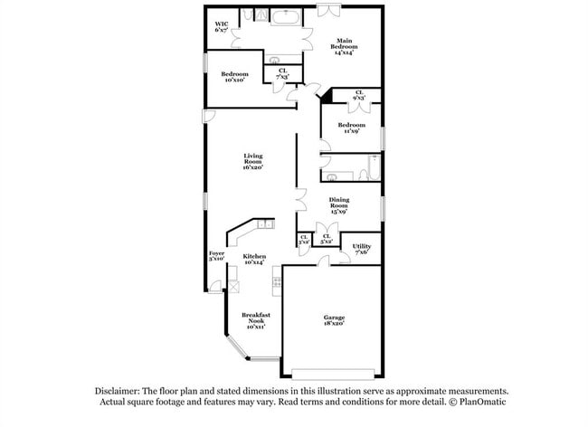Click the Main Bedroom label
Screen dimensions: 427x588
pyautogui.click(x=344, y=46)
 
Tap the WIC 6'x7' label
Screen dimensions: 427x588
pyautogui.click(x=221, y=27)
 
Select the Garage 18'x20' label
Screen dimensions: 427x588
pyautogui.click(x=335, y=320)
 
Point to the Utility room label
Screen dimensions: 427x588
pyautogui.click(x=361, y=248)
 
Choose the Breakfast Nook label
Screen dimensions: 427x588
pyautogui.click(x=253, y=321)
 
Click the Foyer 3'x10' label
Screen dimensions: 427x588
pyautogui.click(x=216, y=256)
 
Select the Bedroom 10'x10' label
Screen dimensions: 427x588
pyautogui.click(x=237, y=76)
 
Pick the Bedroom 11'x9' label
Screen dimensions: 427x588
pyautogui.click(x=352, y=128)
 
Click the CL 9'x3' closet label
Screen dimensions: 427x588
pyautogui.click(x=359, y=95)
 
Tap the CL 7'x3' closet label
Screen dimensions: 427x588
pyautogui.click(x=282, y=74)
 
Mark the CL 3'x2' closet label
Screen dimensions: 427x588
pyautogui.click(x=304, y=241)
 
